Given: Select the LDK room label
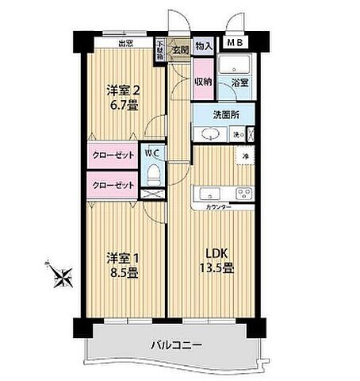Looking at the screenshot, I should pyautogui.click(x=216, y=255).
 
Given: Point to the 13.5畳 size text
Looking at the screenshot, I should pyautogui.click(x=216, y=267).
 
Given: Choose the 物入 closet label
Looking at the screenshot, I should pyautogui.click(x=204, y=47).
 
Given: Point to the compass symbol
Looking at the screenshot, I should pyautogui.click(x=60, y=275).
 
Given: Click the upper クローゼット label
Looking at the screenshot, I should pyautogui.click(x=112, y=156).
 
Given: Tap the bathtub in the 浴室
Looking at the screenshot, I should pyautogui.click(x=235, y=66).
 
